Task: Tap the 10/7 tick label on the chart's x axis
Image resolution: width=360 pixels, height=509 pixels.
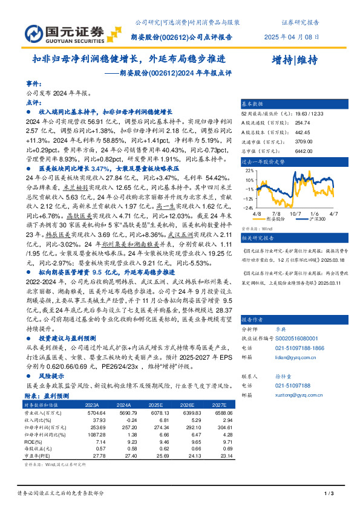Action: (295, 212)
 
